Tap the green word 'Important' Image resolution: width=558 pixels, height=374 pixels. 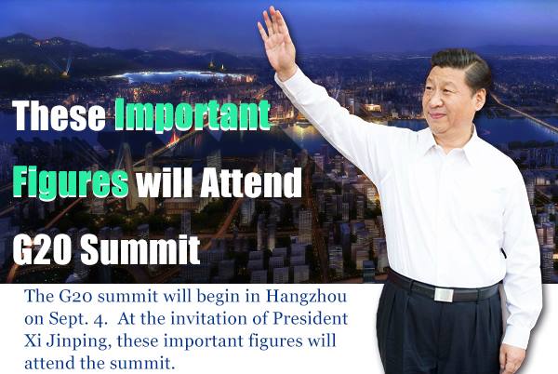coord(193,118)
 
